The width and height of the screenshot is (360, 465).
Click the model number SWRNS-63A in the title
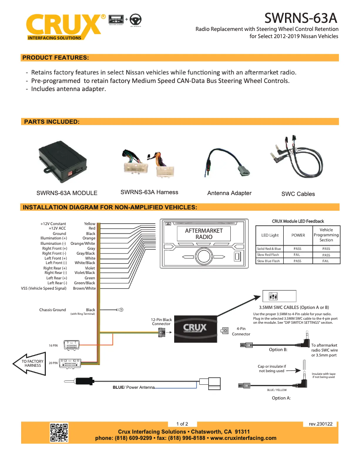300,18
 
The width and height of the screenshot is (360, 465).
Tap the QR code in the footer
59,432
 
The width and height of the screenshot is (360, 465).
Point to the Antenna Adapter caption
229,193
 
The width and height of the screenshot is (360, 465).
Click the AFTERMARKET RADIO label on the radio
204,234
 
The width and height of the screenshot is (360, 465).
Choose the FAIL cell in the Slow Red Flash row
298,255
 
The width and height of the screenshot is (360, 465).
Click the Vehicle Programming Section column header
326,235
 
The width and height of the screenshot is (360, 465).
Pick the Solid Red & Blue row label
269,248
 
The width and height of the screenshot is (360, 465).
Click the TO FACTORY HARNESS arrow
31,363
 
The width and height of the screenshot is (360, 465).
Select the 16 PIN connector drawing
74,345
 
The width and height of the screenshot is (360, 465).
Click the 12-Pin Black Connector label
161,322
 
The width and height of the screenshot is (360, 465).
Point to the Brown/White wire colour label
84,288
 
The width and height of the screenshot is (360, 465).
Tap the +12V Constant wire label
53,224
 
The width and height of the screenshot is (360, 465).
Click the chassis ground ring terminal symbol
120,309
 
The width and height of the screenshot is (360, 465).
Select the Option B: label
278,349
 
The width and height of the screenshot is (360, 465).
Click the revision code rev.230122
320,423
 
